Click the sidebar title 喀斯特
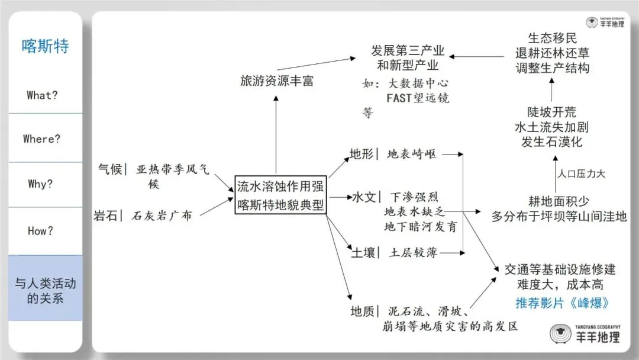click(x=45, y=46)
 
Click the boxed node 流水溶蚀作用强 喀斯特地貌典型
click(x=280, y=195)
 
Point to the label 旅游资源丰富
click(x=276, y=81)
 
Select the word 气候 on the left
click(x=109, y=169)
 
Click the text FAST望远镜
click(x=418, y=98)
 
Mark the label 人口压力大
click(x=581, y=174)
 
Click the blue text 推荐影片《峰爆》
click(x=562, y=303)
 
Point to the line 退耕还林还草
click(x=551, y=53)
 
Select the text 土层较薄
click(x=413, y=253)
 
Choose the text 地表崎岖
click(x=412, y=155)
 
